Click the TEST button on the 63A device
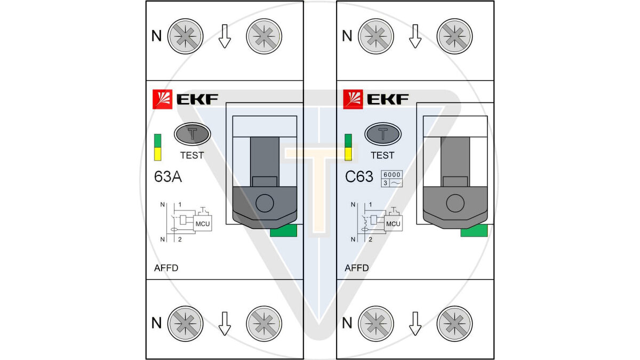point(192,134)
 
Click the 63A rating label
point(167,177)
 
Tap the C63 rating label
point(359,177)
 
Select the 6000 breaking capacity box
point(391,174)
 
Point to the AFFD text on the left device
point(165,268)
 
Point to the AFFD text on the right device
point(357,268)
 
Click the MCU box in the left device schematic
point(203,223)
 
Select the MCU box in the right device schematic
point(393,223)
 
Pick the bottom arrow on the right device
point(415,323)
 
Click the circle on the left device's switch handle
point(264,204)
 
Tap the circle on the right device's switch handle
point(455,204)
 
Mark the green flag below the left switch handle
point(284,230)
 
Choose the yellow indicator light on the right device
point(348,154)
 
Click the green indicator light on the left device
point(157,140)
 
